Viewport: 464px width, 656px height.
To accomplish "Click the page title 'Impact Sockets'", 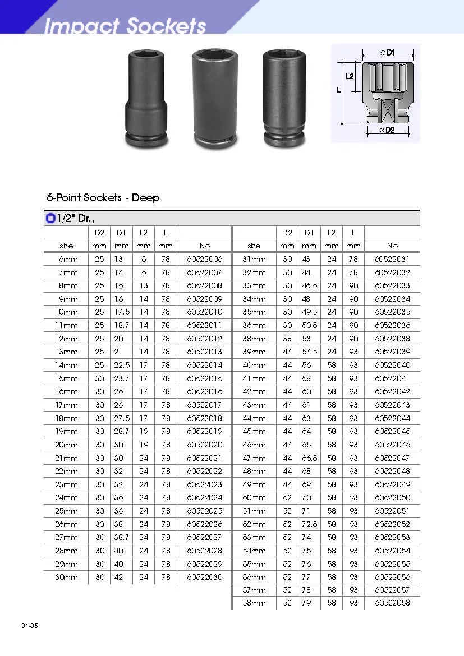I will coord(125,25).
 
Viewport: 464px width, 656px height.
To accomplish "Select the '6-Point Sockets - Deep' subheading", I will coord(103,198).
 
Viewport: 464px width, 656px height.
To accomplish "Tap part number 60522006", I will coord(204,259).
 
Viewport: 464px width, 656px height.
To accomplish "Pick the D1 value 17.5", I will coord(121,312).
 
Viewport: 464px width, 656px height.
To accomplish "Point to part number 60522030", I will coord(204,577).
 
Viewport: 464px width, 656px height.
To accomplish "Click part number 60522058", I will coord(392,603).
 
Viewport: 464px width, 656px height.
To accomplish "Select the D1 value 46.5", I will coord(309,285).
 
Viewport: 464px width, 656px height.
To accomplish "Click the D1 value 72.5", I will coord(309,524).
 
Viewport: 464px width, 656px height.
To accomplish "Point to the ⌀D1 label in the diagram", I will coord(388,53).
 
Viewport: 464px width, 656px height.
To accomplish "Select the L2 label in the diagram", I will coord(350,76).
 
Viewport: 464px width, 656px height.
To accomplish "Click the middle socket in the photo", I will coord(215,99).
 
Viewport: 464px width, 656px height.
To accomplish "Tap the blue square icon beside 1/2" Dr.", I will coord(50,219).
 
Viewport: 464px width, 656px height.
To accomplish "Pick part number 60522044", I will coord(392,418).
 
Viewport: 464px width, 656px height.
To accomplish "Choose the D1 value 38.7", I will coord(121,537).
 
